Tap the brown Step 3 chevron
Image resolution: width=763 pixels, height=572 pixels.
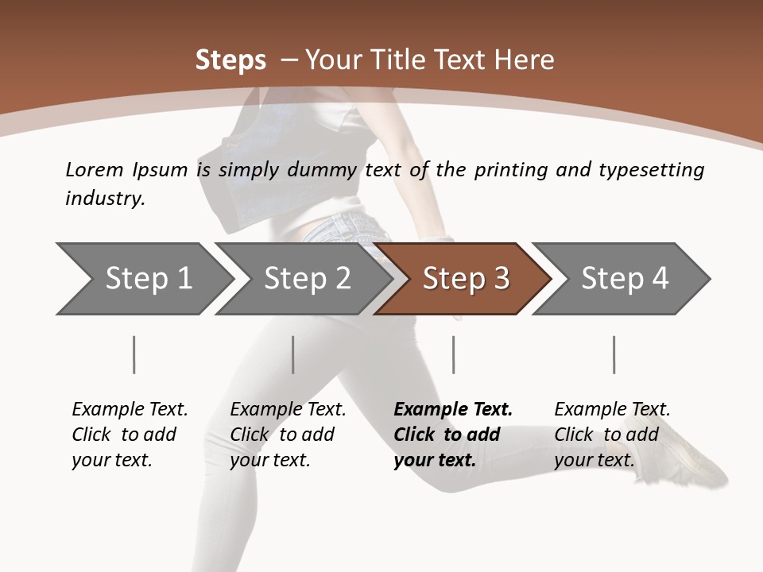click(465, 279)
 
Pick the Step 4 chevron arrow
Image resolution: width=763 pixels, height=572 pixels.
click(624, 279)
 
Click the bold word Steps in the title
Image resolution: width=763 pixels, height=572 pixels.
click(230, 60)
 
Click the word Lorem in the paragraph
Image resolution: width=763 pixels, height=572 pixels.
click(94, 169)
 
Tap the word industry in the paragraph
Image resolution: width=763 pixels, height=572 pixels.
click(105, 199)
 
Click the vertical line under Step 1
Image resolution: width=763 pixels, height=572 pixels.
click(134, 354)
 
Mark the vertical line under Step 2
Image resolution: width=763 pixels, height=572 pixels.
click(293, 354)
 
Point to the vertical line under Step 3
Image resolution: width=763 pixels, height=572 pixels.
click(453, 354)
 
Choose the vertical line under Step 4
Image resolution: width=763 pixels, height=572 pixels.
click(614, 354)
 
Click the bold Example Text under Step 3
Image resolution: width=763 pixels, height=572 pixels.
click(453, 409)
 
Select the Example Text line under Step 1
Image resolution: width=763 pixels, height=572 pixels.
click(130, 409)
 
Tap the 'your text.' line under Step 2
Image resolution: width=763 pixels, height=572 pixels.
click(270, 460)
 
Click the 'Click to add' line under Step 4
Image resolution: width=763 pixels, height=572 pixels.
click(606, 435)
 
